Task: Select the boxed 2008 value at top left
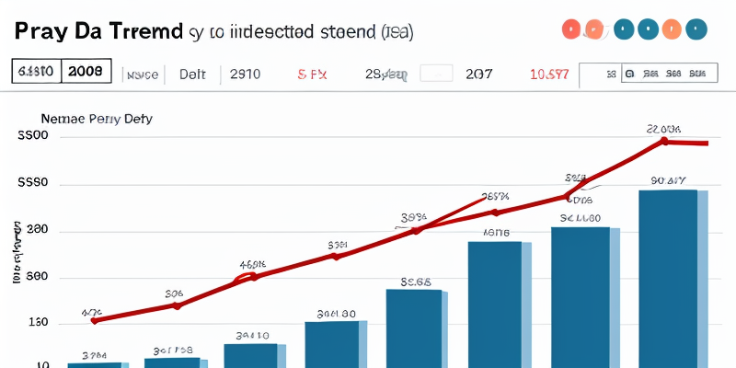point(86,71)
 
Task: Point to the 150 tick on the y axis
point(35,324)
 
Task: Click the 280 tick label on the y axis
point(35,231)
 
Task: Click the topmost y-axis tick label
point(33,137)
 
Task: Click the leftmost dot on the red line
point(95,320)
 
